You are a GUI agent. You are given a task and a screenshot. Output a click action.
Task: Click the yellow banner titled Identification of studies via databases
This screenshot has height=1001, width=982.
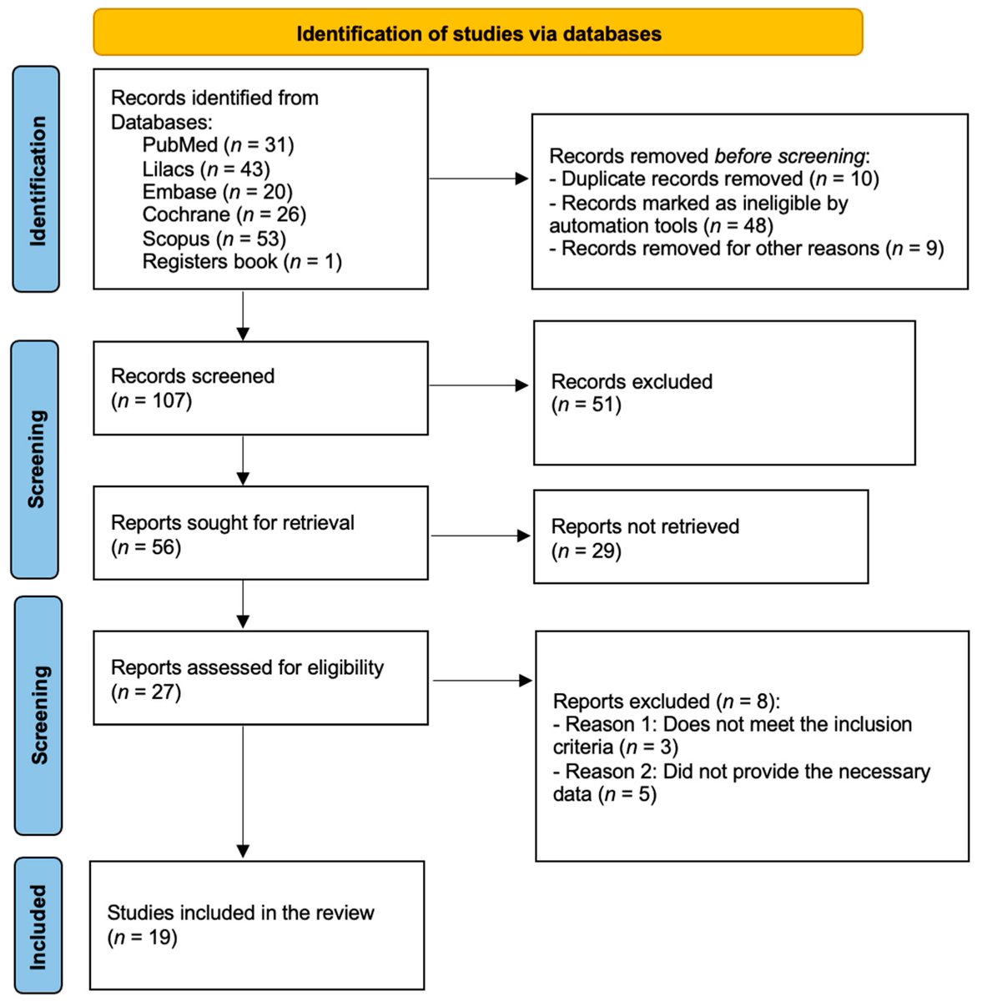[477, 33]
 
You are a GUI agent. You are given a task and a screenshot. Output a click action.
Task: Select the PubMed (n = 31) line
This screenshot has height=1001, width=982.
[218, 145]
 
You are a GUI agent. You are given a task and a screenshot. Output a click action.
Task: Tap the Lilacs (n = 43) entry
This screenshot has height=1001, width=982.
[206, 169]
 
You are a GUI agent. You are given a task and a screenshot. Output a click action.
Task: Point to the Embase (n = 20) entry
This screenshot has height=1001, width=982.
[217, 192]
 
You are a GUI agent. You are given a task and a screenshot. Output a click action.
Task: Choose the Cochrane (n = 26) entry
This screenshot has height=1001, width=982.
[224, 215]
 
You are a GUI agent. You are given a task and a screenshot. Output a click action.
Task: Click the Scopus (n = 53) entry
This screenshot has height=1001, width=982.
[214, 239]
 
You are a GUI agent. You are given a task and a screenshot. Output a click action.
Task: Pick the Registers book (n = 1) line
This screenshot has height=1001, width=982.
[242, 262]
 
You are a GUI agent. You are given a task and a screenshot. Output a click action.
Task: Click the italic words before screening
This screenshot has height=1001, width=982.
[789, 156]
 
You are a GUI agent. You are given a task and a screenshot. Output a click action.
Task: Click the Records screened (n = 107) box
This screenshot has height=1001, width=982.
[260, 388]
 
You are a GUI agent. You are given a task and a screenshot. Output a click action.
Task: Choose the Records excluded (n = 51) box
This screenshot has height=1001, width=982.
[723, 393]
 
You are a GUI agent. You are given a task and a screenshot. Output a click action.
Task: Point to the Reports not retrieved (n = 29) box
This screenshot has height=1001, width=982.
[700, 537]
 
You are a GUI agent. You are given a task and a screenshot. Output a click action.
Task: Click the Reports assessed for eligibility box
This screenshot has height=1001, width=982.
[260, 678]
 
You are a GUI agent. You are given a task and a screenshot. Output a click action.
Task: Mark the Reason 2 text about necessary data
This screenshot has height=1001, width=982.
[741, 782]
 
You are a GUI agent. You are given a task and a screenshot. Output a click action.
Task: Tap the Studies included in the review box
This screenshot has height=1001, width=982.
[257, 925]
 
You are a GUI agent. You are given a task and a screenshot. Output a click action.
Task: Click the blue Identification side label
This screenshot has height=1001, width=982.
[37, 179]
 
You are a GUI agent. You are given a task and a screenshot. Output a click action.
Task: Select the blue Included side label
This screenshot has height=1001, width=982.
[38, 926]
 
